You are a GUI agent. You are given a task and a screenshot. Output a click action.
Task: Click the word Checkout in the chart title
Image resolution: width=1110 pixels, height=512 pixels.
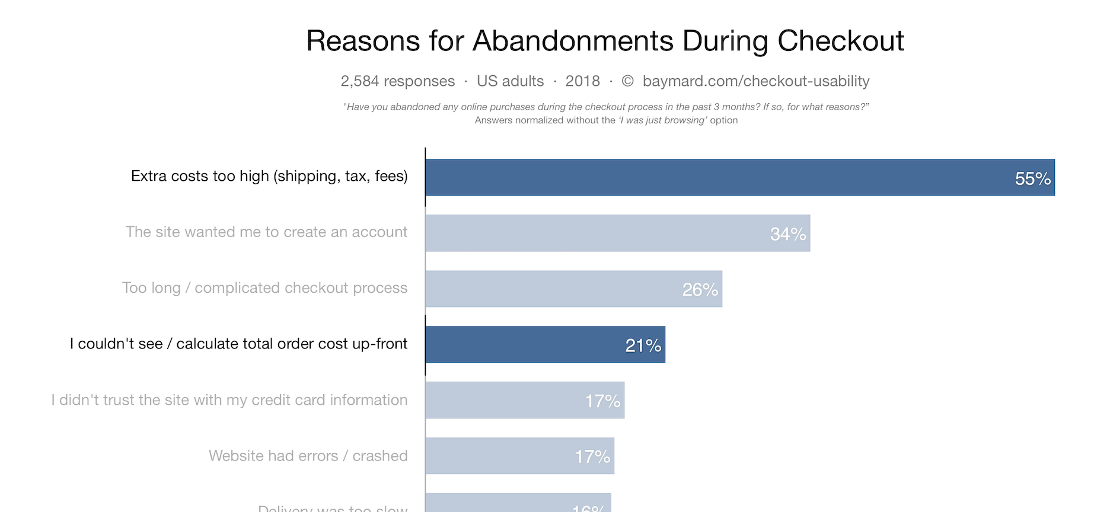(x=840, y=41)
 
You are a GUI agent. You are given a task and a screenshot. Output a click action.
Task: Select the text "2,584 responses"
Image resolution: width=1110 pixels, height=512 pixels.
(x=397, y=81)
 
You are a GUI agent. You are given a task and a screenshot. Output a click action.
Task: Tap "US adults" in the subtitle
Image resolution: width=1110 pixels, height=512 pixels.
(x=510, y=81)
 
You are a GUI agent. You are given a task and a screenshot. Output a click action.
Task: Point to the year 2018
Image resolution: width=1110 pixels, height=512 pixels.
(x=582, y=81)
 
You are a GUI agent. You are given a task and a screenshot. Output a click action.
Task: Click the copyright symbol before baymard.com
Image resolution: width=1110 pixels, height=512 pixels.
(x=627, y=81)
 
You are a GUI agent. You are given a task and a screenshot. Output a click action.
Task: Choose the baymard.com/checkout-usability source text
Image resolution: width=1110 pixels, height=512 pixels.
(x=756, y=81)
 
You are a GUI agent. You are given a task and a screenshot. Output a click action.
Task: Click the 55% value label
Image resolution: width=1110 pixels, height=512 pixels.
(x=1032, y=178)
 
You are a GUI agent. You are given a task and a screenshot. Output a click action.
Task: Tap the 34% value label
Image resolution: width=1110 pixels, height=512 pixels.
(x=787, y=234)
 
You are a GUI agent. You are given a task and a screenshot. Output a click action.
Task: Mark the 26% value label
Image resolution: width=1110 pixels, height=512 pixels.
(x=700, y=290)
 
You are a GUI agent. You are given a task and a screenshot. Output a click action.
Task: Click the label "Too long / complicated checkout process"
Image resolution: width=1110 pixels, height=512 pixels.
(x=264, y=288)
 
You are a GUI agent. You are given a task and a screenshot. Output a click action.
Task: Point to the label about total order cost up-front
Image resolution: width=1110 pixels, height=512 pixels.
(x=238, y=344)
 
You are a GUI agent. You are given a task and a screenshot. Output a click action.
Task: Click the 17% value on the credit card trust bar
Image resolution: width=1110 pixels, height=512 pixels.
(x=602, y=401)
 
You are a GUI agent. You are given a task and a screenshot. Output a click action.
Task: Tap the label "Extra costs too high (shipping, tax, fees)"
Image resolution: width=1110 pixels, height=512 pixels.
(x=269, y=176)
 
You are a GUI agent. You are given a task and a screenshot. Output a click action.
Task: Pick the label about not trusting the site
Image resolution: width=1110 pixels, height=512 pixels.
(x=229, y=400)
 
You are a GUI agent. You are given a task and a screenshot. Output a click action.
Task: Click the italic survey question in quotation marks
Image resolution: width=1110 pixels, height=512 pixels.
(x=606, y=107)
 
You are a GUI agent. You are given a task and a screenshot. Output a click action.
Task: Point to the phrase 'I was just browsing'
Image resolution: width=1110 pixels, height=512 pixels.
(x=662, y=120)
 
